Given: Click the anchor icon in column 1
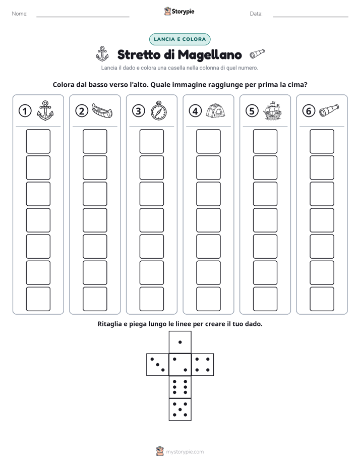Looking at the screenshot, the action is pyautogui.click(x=45, y=110).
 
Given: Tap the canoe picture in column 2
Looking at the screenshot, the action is pyautogui.click(x=102, y=110).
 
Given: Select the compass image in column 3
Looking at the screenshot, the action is pyautogui.click(x=159, y=110).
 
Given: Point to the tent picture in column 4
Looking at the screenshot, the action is pyautogui.click(x=216, y=110).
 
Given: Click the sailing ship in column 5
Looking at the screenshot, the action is pyautogui.click(x=272, y=110).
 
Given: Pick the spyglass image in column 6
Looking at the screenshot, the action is pyautogui.click(x=329, y=110).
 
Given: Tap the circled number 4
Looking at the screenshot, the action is pyautogui.click(x=195, y=111).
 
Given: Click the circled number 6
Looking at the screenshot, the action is pyautogui.click(x=309, y=111).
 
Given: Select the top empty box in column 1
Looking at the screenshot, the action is pyautogui.click(x=38, y=141).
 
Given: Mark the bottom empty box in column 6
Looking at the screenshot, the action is pyautogui.click(x=322, y=299).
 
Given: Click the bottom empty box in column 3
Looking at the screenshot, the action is pyautogui.click(x=152, y=299).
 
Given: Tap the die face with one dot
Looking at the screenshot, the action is pyautogui.click(x=180, y=342).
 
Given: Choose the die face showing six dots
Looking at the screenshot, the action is pyautogui.click(x=180, y=387).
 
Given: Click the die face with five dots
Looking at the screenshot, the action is pyautogui.click(x=180, y=410).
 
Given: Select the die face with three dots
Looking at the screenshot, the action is pyautogui.click(x=158, y=365).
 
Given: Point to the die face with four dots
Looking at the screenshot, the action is pyautogui.click(x=203, y=365).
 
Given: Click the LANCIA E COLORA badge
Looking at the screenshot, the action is pyautogui.click(x=179, y=39).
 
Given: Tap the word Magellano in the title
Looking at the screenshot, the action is pyautogui.click(x=210, y=55).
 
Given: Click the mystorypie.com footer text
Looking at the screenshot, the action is pyautogui.click(x=185, y=452).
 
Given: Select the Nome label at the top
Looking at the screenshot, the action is pyautogui.click(x=20, y=14).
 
